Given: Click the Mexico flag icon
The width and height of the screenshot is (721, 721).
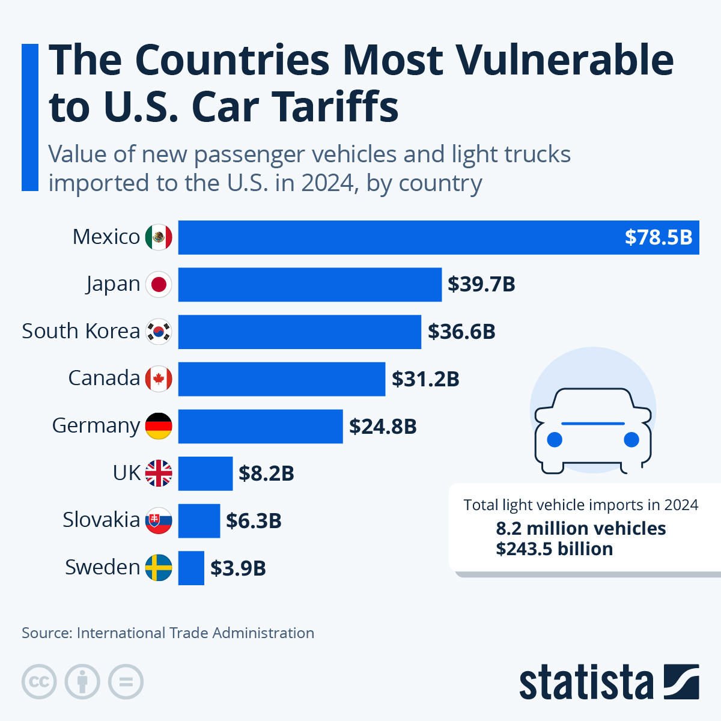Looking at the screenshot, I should (159, 237).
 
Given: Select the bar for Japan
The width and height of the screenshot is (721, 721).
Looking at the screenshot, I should (309, 284).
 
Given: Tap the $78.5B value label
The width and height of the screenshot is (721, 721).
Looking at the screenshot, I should (659, 237).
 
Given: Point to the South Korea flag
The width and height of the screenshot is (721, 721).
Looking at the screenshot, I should (159, 332).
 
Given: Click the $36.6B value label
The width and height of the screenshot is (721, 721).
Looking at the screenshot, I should (461, 332).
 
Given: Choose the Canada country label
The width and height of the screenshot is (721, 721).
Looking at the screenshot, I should (104, 379).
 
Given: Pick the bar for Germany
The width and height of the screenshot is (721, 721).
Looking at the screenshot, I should (260, 426).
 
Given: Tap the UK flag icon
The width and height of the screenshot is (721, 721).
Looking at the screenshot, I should (159, 473).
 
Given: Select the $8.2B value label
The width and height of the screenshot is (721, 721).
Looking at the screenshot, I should (266, 473).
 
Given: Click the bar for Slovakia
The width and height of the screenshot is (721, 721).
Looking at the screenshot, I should (199, 520).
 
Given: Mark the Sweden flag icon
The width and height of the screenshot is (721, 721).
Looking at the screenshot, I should (159, 568).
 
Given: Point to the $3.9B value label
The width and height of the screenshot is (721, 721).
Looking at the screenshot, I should (238, 568).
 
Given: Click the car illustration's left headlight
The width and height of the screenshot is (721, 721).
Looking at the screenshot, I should (555, 440).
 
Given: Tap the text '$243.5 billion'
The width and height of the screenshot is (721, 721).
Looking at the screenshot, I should (554, 549).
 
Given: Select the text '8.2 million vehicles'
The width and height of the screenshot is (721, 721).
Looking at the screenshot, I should (580, 529).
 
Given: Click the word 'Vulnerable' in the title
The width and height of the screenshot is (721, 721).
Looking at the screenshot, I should (565, 60).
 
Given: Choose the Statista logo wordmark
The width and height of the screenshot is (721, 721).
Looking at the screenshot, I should (586, 683).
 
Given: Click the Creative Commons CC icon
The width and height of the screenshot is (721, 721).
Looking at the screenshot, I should (39, 682).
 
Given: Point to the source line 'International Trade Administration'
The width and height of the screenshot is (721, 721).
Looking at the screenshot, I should (195, 633).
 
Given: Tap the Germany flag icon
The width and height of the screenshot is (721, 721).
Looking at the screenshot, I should (159, 426).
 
